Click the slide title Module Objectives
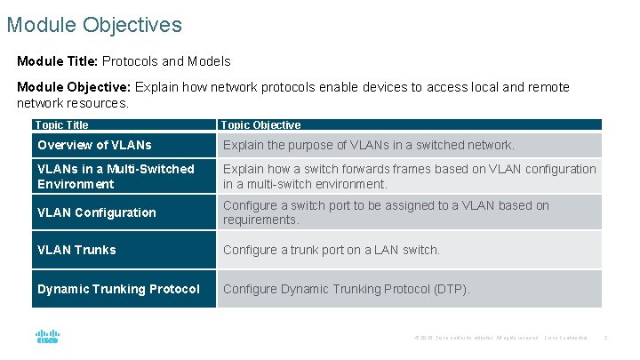pyautogui.click(x=94, y=24)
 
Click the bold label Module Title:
pyautogui.click(x=58, y=61)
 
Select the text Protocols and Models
pyautogui.click(x=166, y=61)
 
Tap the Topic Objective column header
pyautogui.click(x=260, y=125)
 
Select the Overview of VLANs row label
pyautogui.click(x=94, y=145)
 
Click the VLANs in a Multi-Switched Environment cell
pyautogui.click(x=116, y=176)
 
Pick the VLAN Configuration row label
pyautogui.click(x=96, y=212)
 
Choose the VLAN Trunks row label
pyautogui.click(x=76, y=250)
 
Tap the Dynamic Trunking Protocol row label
pyautogui.click(x=118, y=289)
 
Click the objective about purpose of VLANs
pyautogui.click(x=368, y=145)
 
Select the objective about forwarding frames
pyautogui.click(x=409, y=176)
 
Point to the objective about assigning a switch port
pyautogui.click(x=386, y=212)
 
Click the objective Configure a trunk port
pyautogui.click(x=331, y=250)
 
